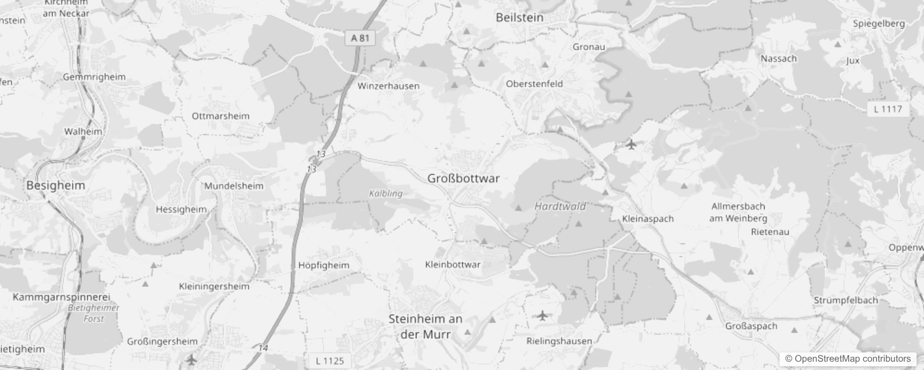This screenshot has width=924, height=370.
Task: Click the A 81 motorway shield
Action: coord(360,38)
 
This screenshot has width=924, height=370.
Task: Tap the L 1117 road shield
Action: coord(887,109)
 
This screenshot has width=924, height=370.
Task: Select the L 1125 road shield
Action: coord(330,361)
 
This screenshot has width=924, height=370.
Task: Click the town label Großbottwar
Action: coord(463,179)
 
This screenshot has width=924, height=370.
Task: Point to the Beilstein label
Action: coord(519,18)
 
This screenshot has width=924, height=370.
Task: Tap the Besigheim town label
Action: coord(56,185)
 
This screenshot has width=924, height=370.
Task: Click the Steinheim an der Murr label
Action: coord(425,327)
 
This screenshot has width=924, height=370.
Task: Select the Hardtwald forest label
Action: coord(560,206)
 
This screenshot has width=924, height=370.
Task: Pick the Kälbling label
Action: coord(386,193)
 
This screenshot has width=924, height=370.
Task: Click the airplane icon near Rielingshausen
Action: coord(543,316)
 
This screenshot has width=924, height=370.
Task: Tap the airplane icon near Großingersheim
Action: coord(192,359)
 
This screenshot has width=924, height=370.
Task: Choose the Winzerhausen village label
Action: coord(388,86)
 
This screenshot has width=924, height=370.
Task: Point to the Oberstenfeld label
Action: coord(534,84)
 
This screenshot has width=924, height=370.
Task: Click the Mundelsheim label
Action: coord(234,186)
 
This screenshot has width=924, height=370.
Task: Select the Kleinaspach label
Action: coord(648,219)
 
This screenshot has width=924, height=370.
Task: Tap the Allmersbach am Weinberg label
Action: coord(738,212)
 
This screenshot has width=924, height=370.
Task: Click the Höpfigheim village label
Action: coord(324,265)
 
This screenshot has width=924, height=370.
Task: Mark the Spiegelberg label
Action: coord(879,24)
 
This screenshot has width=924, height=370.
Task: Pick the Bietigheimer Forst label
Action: coord(94,313)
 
